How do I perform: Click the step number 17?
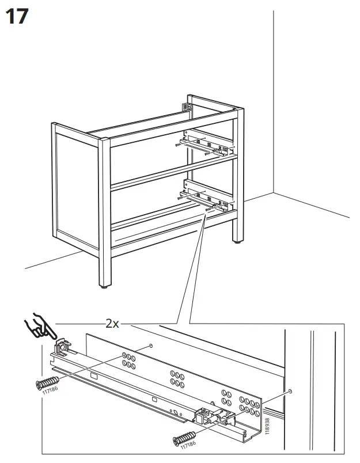pos(16,16)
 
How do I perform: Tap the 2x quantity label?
pos(112,324)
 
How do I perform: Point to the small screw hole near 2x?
pos(150,346)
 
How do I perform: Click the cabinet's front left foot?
pos(104,284)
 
